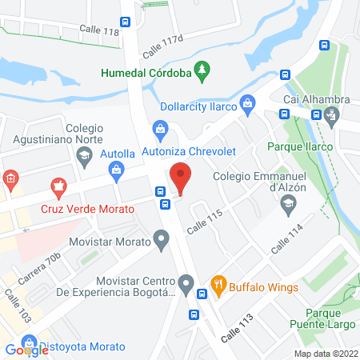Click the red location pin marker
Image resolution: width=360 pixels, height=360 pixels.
pos(181,177)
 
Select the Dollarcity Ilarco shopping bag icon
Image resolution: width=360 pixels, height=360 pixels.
pos(249,102)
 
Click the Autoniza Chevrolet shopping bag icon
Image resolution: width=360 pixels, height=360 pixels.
pos(160,128)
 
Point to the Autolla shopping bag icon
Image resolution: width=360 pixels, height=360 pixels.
pos(117,169)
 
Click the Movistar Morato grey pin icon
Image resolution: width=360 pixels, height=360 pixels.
pos(162,238)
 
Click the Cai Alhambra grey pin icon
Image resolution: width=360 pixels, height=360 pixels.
pos(334,114)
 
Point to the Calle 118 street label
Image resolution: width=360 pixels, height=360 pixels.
pos(98,31)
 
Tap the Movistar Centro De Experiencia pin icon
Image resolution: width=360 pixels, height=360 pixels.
pos(186,283)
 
